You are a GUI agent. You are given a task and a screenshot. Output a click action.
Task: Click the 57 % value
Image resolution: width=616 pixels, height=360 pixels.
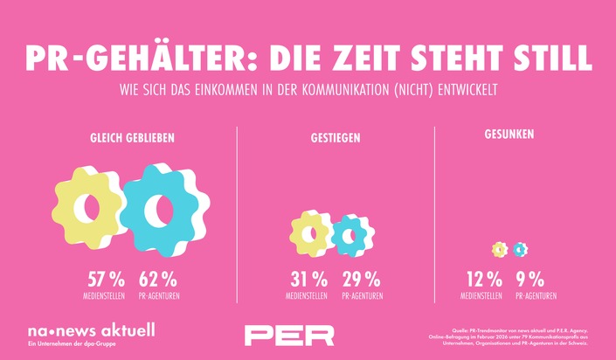click(106, 280)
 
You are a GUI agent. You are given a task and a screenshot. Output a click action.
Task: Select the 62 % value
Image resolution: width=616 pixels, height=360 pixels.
click(158, 280)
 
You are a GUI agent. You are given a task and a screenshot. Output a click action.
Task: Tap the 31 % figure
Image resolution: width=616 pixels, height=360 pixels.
click(308, 280)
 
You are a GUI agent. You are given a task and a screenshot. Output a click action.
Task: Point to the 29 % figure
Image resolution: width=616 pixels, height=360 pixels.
click(361, 280)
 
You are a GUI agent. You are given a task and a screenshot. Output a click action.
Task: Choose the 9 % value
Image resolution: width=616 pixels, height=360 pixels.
click(530, 280)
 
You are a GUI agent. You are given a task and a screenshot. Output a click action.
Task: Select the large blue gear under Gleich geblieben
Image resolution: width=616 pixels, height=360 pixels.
click(163, 208)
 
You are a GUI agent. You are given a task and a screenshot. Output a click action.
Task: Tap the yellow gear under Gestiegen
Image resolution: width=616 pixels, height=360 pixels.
click(310, 233)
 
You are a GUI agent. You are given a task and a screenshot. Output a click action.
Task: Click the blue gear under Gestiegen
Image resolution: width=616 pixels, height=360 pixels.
click(352, 234)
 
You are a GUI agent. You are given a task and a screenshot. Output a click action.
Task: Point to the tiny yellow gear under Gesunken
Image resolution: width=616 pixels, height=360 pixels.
click(500, 250)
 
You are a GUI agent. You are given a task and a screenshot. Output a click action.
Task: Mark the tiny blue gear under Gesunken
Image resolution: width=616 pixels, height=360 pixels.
click(521, 250)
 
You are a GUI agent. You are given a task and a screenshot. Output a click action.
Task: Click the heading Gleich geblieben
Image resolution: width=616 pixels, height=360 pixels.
click(132, 138)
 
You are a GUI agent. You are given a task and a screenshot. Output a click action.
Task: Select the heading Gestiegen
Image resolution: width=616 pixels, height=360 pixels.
click(335, 138)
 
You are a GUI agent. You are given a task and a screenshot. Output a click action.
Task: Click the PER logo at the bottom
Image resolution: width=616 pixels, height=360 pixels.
click(289, 336)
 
